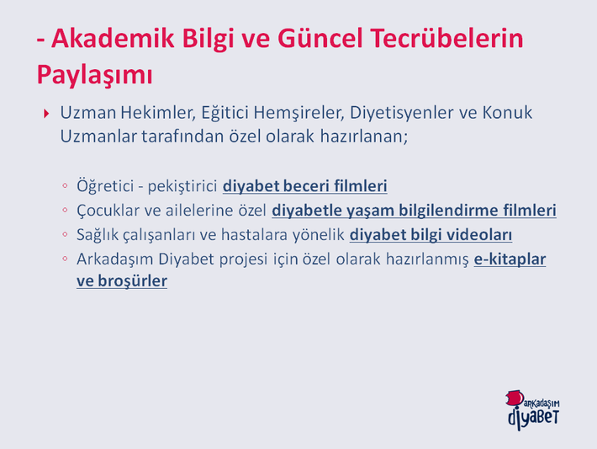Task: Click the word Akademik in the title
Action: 113,38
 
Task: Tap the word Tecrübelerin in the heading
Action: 446,38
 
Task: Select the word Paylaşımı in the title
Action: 94,75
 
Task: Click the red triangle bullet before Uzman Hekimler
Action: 46,113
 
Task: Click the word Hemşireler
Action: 298,113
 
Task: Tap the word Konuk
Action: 507,113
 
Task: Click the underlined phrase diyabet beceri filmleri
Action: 305,186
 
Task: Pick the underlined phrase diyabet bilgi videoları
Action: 431,235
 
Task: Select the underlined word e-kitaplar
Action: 510,259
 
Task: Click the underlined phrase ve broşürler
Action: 122,281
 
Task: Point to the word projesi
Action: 244,259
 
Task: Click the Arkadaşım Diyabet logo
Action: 532,409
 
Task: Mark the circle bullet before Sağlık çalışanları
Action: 65,234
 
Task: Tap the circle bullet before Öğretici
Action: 65,185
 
